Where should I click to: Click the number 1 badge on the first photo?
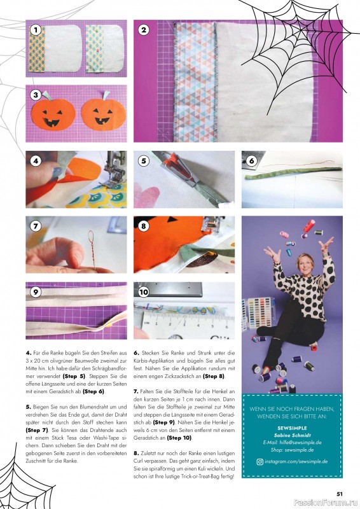tap(36, 31)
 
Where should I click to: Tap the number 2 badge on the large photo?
tap(144, 31)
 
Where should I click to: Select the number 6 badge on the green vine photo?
tap(252, 161)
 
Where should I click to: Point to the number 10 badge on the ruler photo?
tap(144, 292)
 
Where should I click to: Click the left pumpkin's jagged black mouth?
tap(52, 123)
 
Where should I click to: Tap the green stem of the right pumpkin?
tap(106, 95)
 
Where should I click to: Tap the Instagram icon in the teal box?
tap(260, 462)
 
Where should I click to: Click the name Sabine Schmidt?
tap(292, 435)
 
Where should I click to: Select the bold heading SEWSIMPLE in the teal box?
tap(292, 428)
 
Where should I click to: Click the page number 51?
tap(340, 494)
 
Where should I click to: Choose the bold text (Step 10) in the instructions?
tap(179, 438)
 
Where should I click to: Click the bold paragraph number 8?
tap(136, 453)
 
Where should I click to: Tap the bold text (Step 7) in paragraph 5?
tap(37, 430)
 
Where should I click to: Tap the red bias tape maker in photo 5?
tap(176, 167)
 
